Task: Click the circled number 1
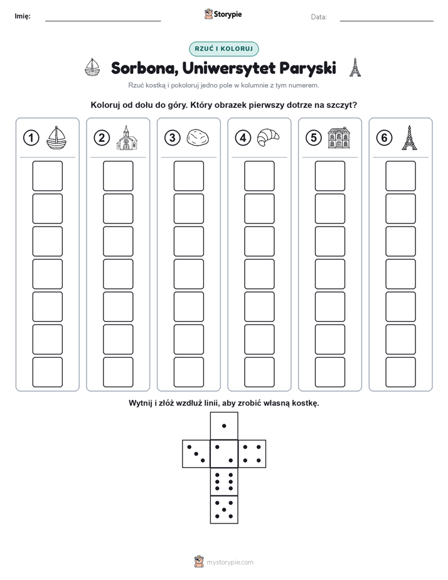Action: [31, 138]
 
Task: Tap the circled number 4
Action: [243, 138]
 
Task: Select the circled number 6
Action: [384, 138]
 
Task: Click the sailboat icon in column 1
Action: [56, 137]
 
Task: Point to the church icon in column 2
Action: [127, 137]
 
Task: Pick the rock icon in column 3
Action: [198, 137]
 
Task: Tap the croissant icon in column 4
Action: [268, 137]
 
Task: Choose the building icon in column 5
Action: [339, 137]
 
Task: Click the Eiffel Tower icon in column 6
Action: [409, 137]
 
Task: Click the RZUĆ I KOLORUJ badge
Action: [224, 49]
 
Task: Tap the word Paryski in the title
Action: [308, 68]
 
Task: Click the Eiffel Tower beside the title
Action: [355, 67]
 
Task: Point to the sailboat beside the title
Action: [92, 67]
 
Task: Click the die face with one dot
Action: [224, 426]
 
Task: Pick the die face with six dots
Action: [224, 481]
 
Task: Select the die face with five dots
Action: [224, 509]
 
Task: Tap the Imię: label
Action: [23, 16]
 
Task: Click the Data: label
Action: [319, 17]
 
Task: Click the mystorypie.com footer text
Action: [230, 562]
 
